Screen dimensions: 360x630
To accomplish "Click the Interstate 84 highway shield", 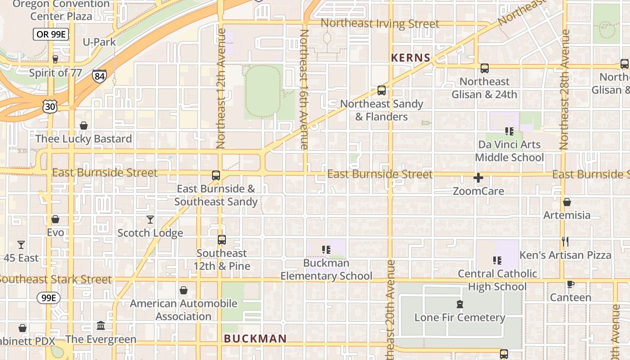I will [x=99, y=76].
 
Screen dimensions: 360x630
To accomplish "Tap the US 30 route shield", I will [x=49, y=107].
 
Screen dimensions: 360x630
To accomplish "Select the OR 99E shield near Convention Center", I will [x=51, y=34].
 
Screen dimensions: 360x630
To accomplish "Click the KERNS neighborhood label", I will [x=411, y=58].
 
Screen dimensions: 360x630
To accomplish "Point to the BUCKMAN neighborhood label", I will [x=255, y=339].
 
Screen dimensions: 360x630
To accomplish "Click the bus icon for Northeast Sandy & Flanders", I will [x=382, y=90].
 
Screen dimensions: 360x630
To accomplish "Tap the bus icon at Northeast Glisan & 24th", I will [x=485, y=68].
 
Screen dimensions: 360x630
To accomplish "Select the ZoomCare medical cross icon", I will [x=478, y=178].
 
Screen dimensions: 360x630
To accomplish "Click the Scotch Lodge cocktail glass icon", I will [x=150, y=220].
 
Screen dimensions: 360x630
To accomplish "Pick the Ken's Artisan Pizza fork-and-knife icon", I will [x=565, y=242].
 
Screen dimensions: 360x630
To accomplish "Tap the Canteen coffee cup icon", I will [x=570, y=284].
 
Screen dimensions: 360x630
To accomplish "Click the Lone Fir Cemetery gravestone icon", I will [x=460, y=304].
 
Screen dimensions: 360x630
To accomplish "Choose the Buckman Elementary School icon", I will [x=327, y=249].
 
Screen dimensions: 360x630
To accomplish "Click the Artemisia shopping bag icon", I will [x=567, y=202].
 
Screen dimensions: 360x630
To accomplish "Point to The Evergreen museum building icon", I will [x=101, y=325].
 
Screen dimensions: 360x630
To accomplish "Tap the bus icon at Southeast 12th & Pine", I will [x=221, y=240].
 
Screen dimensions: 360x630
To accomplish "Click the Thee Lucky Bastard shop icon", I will [x=84, y=126].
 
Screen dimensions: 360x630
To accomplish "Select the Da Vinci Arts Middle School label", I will [x=509, y=151].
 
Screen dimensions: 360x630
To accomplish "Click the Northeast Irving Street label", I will [x=380, y=23].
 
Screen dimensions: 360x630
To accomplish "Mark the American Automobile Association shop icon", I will [x=184, y=290].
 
